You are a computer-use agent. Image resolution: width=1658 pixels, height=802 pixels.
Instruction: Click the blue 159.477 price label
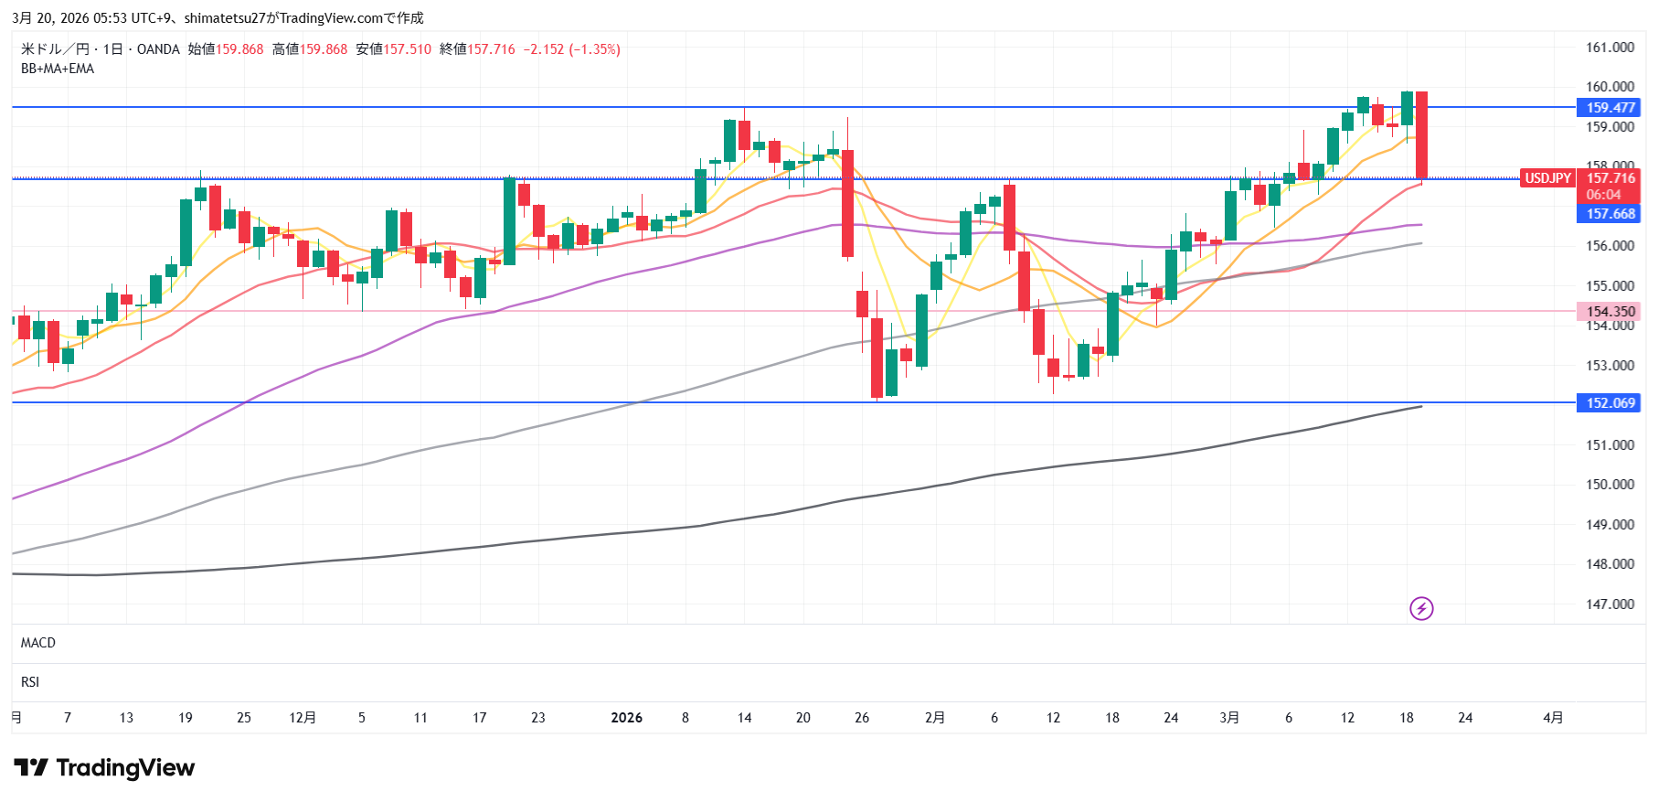pyautogui.click(x=1610, y=108)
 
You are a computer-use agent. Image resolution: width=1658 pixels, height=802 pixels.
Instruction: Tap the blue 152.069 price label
pyautogui.click(x=1610, y=403)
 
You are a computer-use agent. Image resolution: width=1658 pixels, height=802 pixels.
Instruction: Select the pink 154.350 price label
pyautogui.click(x=1610, y=312)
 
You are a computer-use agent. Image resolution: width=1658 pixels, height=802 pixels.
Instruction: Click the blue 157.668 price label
pyautogui.click(x=1610, y=214)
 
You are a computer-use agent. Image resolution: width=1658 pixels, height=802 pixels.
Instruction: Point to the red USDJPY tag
pyautogui.click(x=1547, y=178)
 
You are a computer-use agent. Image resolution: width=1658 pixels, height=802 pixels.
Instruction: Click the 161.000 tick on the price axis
pyautogui.click(x=1610, y=48)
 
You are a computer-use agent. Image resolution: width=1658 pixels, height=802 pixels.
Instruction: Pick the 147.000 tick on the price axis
pyautogui.click(x=1610, y=604)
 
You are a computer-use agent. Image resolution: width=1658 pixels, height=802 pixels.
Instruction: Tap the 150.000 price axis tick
pyautogui.click(x=1610, y=485)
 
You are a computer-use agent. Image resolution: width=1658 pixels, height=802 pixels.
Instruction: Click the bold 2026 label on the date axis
pyautogui.click(x=626, y=718)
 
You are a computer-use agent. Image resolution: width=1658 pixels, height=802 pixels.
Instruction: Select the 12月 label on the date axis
pyautogui.click(x=303, y=718)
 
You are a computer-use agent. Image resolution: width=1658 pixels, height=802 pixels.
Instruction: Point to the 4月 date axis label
pyautogui.click(x=1553, y=718)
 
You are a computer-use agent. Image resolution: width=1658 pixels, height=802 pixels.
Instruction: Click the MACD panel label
pyautogui.click(x=38, y=643)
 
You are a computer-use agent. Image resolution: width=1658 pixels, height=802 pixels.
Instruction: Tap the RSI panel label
pyautogui.click(x=30, y=682)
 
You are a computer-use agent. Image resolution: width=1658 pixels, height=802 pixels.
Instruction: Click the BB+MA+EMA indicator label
pyautogui.click(x=58, y=69)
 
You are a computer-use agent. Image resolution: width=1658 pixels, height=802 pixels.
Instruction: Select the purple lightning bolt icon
pyautogui.click(x=1421, y=608)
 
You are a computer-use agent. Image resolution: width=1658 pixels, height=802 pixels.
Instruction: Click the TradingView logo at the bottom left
pyautogui.click(x=104, y=768)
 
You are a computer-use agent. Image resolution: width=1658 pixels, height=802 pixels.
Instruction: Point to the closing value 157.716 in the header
pyautogui.click(x=491, y=49)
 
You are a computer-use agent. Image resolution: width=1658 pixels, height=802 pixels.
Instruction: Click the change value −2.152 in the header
pyautogui.click(x=544, y=49)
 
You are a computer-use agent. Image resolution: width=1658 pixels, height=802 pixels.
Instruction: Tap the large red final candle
pyautogui.click(x=1422, y=135)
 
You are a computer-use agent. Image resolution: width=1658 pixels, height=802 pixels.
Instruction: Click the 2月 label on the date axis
pyautogui.click(x=935, y=718)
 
